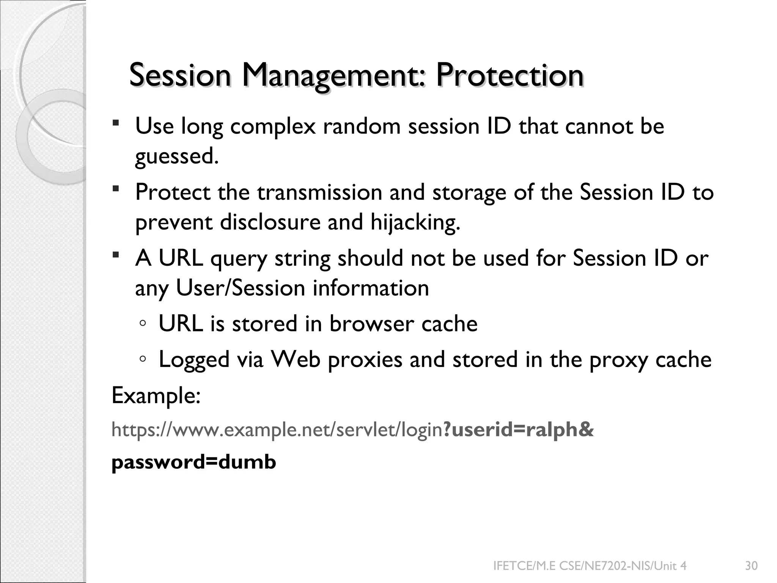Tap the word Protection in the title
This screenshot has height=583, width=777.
509,75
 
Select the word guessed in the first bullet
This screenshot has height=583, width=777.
176,156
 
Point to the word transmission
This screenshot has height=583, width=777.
319,192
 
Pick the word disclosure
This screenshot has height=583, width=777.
270,222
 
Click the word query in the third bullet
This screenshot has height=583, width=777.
239,259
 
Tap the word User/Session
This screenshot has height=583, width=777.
241,288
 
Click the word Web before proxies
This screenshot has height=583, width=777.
296,359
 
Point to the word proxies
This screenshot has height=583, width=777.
365,360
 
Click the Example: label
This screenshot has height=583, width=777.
156,396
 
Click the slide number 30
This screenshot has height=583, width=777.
751,566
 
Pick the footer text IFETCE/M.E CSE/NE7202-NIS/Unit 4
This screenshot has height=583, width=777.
590,566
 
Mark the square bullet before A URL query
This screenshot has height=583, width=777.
116,254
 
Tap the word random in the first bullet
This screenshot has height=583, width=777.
362,126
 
